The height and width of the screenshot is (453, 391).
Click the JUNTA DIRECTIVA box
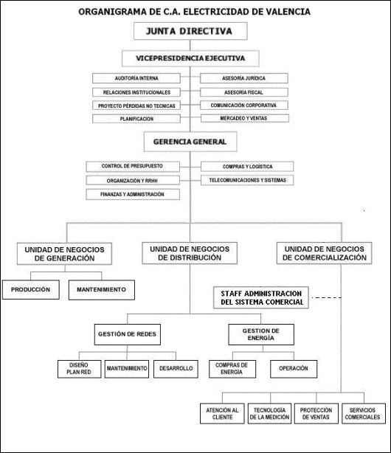[190, 31]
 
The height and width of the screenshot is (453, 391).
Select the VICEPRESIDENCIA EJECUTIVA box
[190, 58]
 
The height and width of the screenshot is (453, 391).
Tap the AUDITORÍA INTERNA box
[136, 78]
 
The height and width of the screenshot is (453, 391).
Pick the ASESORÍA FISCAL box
[244, 92]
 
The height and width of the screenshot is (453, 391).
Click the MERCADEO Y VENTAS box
[244, 118]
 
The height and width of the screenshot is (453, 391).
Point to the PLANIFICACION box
[136, 119]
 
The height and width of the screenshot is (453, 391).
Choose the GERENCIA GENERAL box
[190, 142]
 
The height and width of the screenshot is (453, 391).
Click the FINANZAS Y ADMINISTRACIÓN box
[133, 195]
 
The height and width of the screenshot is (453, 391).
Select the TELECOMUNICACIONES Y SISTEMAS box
[247, 180]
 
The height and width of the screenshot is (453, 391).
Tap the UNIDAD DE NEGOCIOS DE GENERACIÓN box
[64, 254]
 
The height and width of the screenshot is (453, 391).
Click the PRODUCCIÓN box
[31, 289]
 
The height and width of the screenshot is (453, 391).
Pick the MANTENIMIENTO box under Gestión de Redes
[127, 369]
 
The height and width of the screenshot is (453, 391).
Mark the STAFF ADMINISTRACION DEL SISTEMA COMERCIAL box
[261, 297]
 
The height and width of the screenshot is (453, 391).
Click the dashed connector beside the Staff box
[327, 297]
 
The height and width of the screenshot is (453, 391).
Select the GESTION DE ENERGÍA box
[261, 334]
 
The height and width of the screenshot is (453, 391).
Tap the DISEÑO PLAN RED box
[79, 369]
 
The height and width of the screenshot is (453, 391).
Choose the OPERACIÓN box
[294, 369]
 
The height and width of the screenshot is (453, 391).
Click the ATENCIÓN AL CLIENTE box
[222, 413]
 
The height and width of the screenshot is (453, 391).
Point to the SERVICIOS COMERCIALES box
[364, 413]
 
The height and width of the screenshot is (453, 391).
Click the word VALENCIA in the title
[288, 12]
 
